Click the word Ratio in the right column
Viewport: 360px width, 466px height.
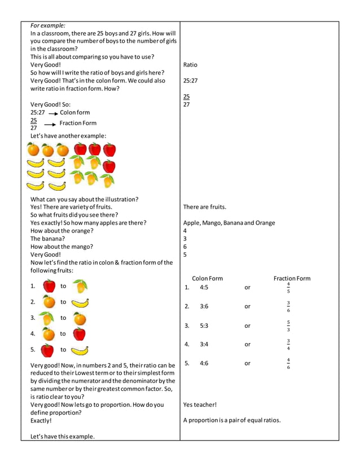[190, 65]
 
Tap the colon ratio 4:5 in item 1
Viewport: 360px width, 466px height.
[204, 287]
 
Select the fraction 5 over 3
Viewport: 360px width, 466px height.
[288, 326]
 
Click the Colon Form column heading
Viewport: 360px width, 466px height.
[207, 278]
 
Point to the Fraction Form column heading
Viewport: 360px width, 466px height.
[292, 278]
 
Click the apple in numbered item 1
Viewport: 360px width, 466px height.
[49, 286]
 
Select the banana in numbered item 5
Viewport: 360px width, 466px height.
[80, 350]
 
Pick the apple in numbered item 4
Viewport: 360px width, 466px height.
[79, 334]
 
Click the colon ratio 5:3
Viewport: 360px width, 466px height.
[204, 326]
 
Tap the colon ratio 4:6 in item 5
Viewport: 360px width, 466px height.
[204, 363]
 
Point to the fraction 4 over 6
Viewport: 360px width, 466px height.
[288, 364]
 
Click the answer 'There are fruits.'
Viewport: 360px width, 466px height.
[204, 207]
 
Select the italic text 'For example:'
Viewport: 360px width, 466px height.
[47, 25]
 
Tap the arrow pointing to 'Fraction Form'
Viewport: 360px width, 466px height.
[51, 124]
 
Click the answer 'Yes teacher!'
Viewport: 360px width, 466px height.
[200, 405]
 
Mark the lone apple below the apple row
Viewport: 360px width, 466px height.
[109, 166]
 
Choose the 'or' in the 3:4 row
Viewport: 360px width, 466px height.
[247, 344]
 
